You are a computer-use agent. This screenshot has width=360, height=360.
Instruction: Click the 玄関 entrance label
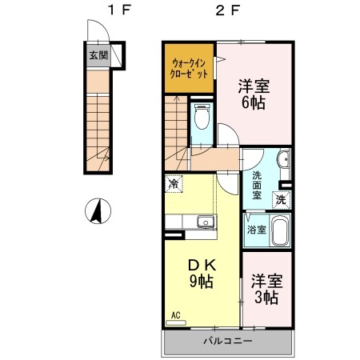click(x=96, y=58)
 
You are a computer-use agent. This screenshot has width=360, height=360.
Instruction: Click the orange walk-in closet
click(x=190, y=68)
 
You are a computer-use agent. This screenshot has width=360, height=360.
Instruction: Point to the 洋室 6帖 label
click(x=253, y=94)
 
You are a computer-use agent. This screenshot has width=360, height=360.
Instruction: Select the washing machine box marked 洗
click(x=281, y=199)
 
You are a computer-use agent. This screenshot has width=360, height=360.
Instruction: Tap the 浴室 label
click(x=257, y=230)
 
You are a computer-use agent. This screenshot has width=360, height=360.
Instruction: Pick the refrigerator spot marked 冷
click(x=174, y=184)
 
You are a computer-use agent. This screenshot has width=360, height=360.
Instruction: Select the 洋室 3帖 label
click(x=266, y=289)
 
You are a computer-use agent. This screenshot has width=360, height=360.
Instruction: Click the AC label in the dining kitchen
click(x=174, y=315)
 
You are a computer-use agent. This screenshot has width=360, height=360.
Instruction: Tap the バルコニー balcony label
click(x=230, y=341)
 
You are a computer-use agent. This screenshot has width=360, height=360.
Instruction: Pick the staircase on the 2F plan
click(x=177, y=124)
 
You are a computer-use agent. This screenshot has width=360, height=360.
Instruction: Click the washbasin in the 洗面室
click(x=283, y=165)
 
